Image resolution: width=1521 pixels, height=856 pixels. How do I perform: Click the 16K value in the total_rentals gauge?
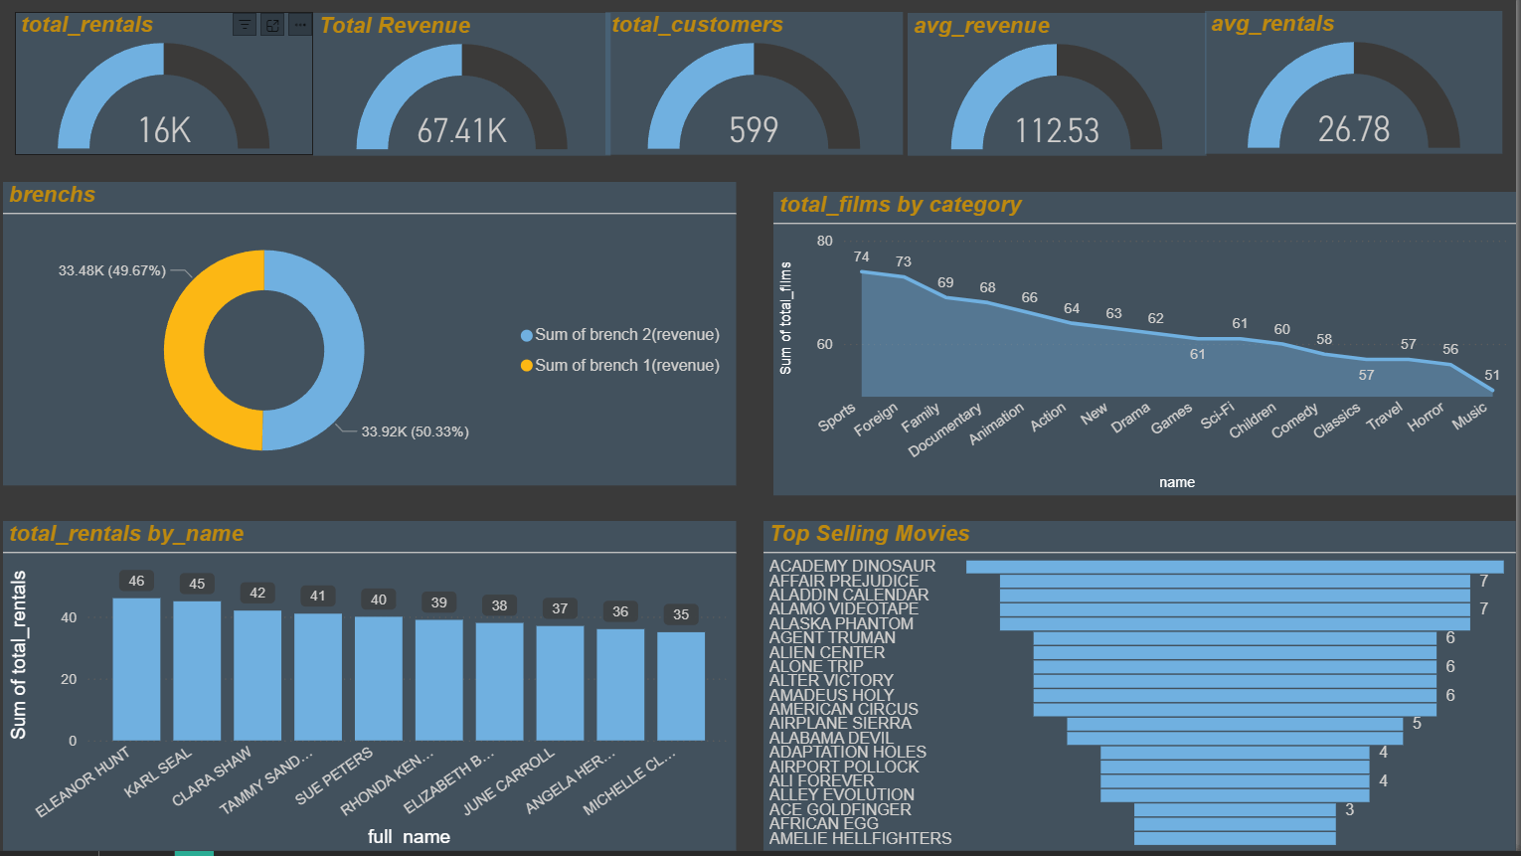click(x=164, y=130)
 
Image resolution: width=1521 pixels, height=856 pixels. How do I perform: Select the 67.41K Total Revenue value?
click(x=461, y=131)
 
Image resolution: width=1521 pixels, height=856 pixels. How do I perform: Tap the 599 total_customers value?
click(x=754, y=130)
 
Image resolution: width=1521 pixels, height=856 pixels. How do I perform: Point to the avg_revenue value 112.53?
click(x=1057, y=131)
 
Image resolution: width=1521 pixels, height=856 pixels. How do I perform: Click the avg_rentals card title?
click(x=1272, y=24)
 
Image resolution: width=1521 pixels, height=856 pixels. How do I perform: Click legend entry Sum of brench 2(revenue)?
click(x=626, y=335)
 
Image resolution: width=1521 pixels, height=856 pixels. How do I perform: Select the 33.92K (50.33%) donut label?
click(x=415, y=431)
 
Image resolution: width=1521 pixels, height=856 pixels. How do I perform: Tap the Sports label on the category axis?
click(x=837, y=418)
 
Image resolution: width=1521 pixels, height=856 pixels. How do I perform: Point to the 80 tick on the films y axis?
click(x=825, y=241)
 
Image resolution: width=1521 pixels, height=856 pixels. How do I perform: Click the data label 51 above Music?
click(x=1492, y=375)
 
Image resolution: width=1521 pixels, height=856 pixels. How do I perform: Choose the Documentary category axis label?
click(x=945, y=429)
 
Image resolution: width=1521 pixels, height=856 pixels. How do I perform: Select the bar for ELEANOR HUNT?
click(x=136, y=668)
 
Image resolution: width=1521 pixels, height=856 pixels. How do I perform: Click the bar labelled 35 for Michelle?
click(x=681, y=686)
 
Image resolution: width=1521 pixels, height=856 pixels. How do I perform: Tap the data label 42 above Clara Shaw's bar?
click(x=257, y=593)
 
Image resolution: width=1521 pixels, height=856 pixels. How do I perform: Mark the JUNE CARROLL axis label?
click(x=509, y=781)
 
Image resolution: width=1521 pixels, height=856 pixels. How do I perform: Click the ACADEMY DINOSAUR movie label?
click(x=852, y=566)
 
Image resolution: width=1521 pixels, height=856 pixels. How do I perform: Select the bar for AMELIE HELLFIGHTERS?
click(x=1235, y=838)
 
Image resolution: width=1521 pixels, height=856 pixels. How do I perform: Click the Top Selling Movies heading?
click(x=870, y=534)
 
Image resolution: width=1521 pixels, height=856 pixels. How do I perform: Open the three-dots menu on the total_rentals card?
click(x=300, y=25)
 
